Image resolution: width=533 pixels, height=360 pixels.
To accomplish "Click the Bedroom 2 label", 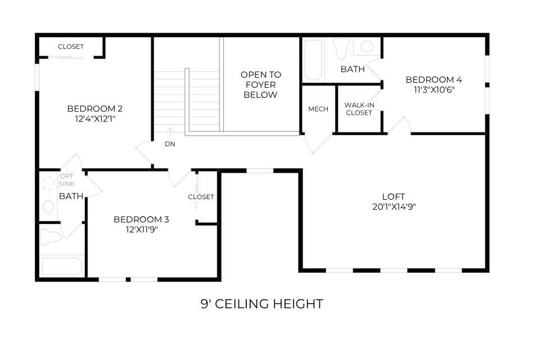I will [94, 109].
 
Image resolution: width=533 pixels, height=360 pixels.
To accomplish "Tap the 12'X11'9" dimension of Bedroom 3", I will [141, 229].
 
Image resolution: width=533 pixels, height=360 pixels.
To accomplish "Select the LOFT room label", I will [394, 196].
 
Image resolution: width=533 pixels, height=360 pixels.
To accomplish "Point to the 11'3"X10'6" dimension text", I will [430, 89].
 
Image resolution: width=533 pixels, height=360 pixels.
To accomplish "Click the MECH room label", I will [318, 109].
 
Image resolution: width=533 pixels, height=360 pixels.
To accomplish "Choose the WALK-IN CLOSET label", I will [359, 109].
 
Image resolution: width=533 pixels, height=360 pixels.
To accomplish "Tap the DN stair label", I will [170, 144].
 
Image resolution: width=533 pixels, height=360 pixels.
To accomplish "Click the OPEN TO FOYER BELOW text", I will [261, 84].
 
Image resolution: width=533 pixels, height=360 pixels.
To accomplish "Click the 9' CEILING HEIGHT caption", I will [262, 304].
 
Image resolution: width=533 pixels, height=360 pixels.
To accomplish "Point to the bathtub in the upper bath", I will [313, 60].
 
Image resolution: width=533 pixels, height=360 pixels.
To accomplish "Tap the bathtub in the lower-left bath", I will [62, 266].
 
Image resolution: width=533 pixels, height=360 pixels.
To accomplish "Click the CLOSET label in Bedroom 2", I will [71, 47].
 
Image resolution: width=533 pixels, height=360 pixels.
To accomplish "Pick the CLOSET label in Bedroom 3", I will [201, 197].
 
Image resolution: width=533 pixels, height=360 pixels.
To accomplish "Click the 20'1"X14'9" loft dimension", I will [394, 206].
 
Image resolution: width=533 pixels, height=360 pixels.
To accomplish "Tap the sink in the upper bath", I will [367, 46].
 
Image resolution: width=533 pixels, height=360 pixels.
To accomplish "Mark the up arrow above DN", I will [170, 133].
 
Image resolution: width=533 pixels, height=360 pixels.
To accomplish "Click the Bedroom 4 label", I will [430, 79].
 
